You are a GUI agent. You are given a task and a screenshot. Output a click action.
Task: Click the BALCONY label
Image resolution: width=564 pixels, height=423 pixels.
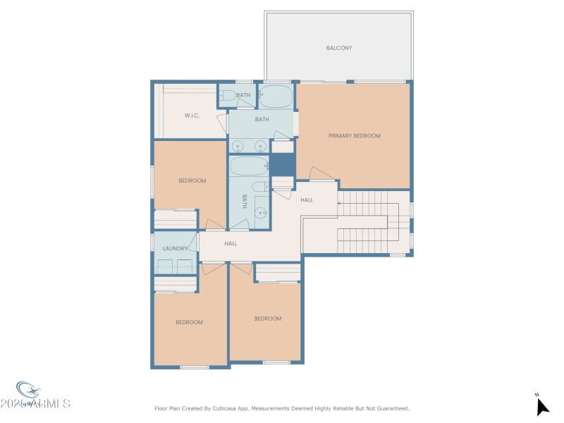(338, 48)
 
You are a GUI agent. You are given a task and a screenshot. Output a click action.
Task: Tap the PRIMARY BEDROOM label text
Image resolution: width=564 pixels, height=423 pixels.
(354, 135)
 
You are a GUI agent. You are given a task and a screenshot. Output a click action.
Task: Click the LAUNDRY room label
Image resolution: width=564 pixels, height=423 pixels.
(174, 248)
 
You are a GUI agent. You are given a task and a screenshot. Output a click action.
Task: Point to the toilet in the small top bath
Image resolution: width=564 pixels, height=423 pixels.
(228, 95)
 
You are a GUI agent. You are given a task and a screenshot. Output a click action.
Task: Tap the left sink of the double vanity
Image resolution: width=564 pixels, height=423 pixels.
(238, 146)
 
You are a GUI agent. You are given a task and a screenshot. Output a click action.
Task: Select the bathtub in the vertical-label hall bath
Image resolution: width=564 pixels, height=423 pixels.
(247, 167)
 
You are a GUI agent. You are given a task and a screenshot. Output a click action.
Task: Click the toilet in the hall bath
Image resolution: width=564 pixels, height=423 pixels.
(259, 187)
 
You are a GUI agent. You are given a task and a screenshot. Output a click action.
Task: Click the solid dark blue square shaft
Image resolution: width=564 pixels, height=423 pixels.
(283, 165)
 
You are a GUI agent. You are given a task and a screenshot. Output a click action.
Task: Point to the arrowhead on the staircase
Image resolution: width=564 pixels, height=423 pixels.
(340, 204)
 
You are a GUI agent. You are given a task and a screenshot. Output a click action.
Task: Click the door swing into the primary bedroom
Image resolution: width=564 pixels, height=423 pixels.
(321, 173)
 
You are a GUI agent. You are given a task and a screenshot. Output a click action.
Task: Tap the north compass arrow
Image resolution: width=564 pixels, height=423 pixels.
(541, 406)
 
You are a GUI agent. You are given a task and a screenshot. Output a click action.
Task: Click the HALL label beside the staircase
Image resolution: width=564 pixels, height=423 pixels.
(307, 200)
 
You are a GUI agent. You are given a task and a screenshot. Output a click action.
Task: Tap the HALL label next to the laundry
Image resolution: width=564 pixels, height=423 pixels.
(231, 243)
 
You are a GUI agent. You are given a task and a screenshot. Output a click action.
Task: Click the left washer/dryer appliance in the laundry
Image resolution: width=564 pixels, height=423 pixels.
(166, 266)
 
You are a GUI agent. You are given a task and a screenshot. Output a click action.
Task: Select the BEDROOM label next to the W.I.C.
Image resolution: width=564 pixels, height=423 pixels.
(192, 180)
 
